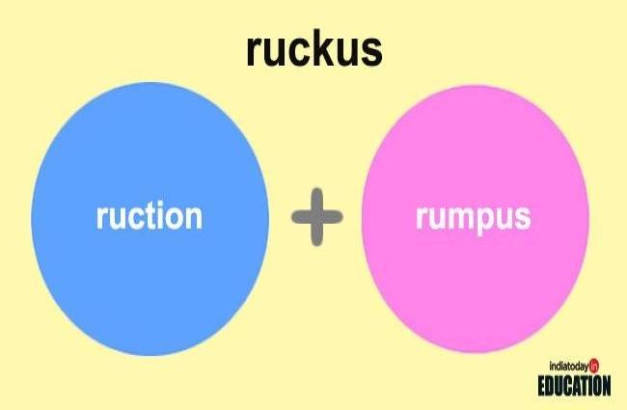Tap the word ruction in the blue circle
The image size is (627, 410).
150,215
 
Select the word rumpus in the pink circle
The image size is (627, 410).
473,215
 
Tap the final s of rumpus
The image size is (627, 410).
522,217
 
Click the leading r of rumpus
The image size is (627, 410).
422,217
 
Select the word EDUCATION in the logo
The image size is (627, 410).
574,385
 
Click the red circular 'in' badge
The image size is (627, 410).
595,366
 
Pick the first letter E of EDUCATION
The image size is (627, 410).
543,385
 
